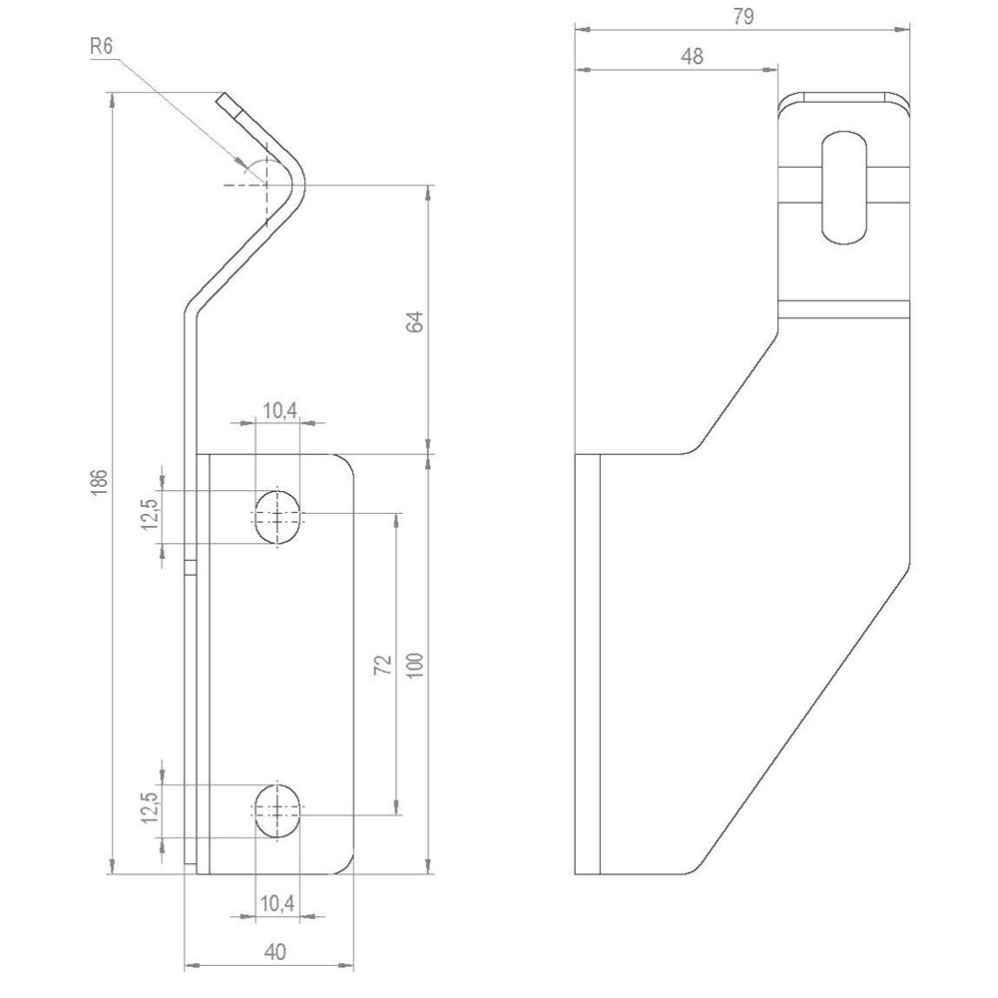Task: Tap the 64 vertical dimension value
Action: tap(415, 321)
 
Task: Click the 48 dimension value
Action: tap(692, 57)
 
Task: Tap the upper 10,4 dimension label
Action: tap(277, 409)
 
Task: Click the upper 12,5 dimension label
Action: tap(149, 516)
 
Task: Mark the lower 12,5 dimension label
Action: tap(149, 806)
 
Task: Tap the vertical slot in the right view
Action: tap(844, 186)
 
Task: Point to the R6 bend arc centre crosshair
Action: tap(266, 186)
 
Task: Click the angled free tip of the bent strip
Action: tap(227, 100)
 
